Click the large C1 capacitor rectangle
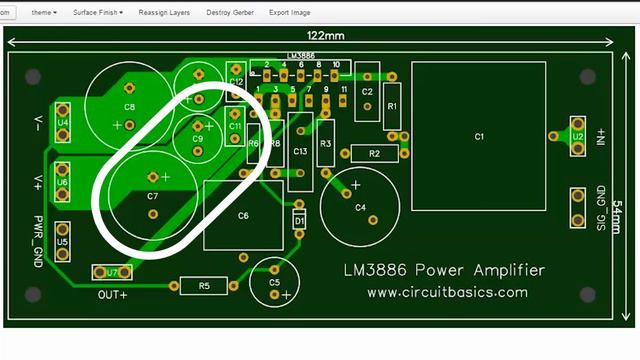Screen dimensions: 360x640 pos(478,136)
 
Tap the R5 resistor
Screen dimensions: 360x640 pos(204,286)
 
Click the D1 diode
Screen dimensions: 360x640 pos(299,219)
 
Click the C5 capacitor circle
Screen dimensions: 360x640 pos(275,282)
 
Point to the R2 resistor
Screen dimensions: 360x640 pos(374,154)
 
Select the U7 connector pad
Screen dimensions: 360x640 pos(112,272)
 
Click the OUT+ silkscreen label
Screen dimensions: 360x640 pos(112,295)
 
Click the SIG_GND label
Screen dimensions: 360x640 pos(601,208)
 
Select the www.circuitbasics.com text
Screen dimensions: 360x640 pos(447,293)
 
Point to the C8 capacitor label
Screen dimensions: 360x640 pos(129,106)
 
